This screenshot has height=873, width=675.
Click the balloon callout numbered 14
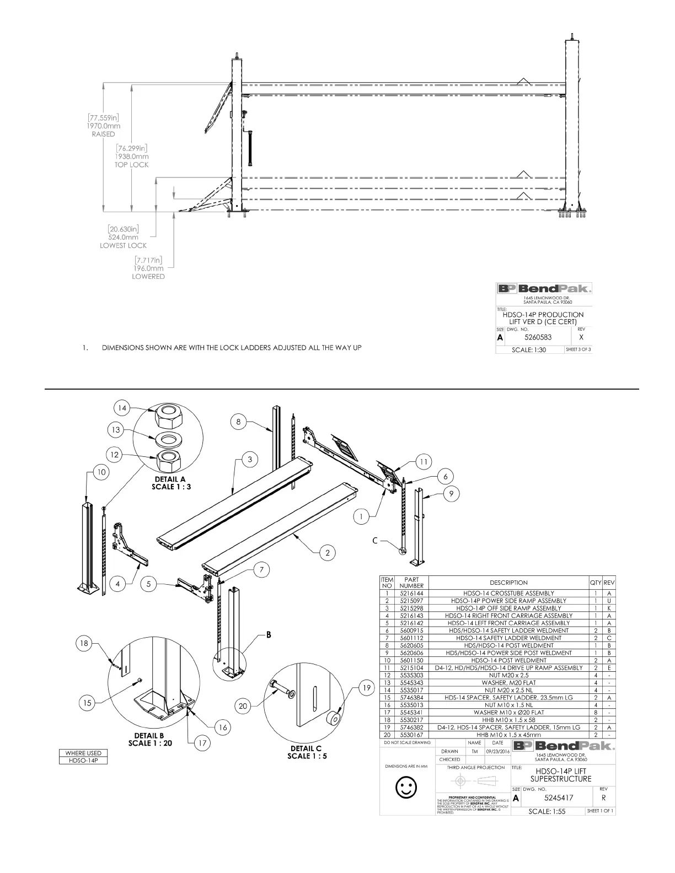122,408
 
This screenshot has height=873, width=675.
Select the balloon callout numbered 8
238,422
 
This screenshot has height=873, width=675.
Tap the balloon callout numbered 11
423,462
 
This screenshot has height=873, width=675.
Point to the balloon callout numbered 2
327,552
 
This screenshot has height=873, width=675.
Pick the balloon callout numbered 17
202,743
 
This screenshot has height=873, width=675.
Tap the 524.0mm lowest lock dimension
123,237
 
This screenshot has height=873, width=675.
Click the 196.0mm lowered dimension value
148,268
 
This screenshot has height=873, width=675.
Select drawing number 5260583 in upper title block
538,337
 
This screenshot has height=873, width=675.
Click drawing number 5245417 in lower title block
559,797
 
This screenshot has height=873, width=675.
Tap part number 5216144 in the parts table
411,593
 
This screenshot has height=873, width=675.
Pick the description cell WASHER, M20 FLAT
508,682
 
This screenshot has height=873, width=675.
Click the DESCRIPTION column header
508,582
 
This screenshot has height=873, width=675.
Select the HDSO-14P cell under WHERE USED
83,761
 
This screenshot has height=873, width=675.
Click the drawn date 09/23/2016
497,751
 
